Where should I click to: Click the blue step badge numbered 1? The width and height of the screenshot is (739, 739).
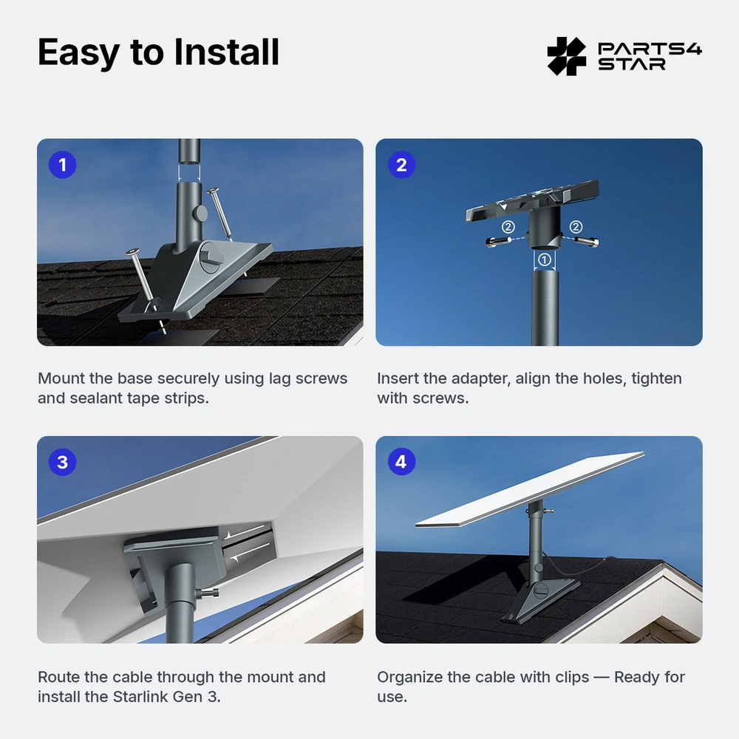[62, 165]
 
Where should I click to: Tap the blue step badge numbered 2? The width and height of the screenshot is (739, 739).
[401, 165]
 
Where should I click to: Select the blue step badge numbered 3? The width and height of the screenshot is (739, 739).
[62, 462]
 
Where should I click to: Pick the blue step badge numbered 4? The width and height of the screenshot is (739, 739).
[401, 462]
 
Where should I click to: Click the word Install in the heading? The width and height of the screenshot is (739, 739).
[226, 52]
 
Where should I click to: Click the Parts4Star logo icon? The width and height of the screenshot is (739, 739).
[567, 56]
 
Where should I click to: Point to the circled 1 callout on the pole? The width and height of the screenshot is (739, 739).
[545, 259]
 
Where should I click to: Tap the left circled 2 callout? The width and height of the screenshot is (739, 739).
[508, 227]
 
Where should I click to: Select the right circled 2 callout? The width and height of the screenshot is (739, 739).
[576, 227]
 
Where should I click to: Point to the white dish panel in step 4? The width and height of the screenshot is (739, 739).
[530, 489]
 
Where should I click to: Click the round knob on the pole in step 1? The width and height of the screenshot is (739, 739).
[201, 214]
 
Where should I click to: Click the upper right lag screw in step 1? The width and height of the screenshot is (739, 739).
[219, 213]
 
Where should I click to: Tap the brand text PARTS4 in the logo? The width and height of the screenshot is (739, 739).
[650, 49]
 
